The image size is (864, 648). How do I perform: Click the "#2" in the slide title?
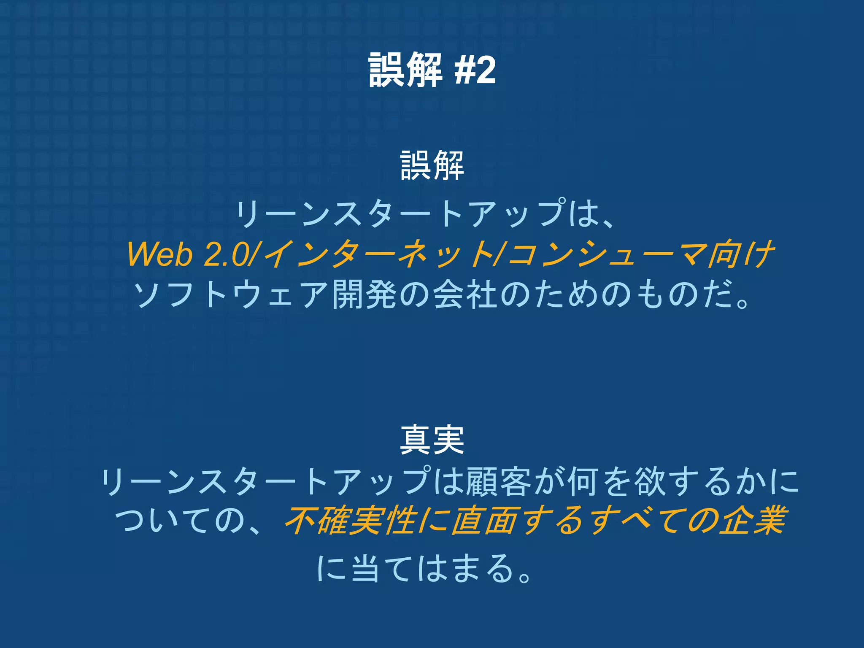(475, 70)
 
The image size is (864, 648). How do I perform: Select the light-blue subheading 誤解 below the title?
(432, 165)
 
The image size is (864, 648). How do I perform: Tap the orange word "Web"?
(160, 254)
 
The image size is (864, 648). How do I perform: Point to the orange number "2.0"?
(226, 254)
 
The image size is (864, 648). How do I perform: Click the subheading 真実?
(432, 440)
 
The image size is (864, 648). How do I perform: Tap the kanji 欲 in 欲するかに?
(651, 481)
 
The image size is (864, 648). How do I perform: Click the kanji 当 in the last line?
(365, 568)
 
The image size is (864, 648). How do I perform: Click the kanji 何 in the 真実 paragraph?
(584, 481)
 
